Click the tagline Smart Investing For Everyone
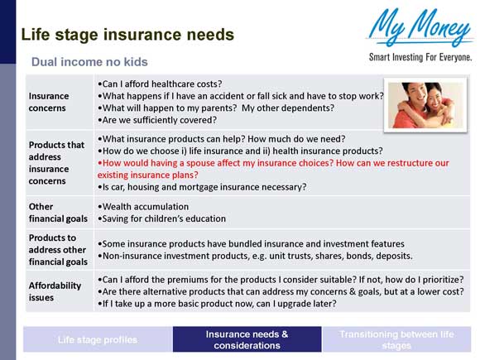(420, 57)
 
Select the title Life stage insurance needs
(127, 35)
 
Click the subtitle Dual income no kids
(89, 62)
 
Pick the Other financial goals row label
(57, 213)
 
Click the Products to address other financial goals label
(57, 250)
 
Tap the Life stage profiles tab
(97, 339)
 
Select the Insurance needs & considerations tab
(247, 339)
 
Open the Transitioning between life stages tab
(396, 339)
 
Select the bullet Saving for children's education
(162, 219)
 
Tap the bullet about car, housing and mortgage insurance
(202, 187)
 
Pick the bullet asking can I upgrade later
(217, 304)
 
